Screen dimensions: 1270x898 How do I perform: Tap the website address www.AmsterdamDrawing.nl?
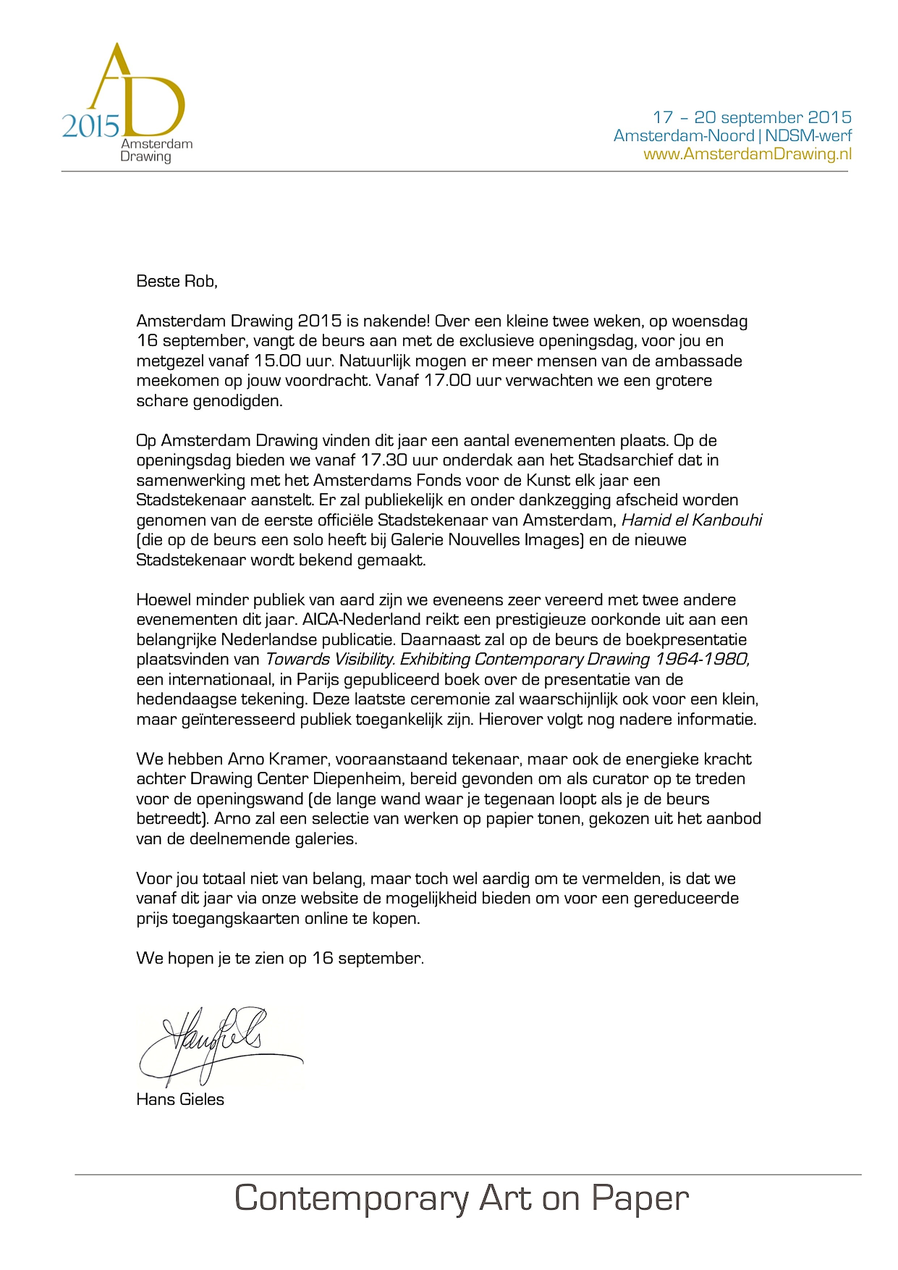[747, 154]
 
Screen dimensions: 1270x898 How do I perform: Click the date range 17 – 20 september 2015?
[752, 117]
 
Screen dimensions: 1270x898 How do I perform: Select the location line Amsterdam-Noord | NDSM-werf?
[733, 135]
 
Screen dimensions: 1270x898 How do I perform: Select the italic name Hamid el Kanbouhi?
[692, 520]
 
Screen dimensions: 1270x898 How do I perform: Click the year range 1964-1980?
[702, 659]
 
